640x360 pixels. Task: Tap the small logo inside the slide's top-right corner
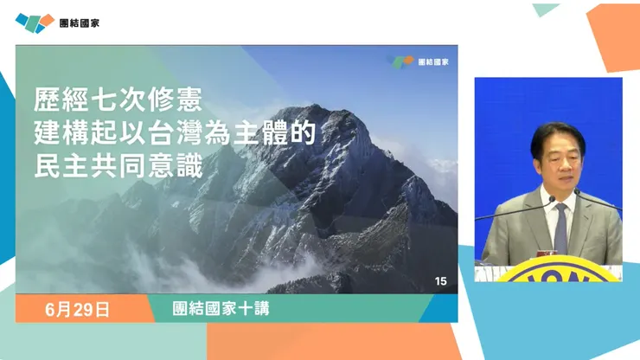coord(400,62)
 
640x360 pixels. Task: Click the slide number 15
coord(441,281)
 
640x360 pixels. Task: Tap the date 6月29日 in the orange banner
coord(79,309)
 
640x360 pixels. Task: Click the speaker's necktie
coord(560,227)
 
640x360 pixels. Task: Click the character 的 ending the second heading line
coord(297,133)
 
